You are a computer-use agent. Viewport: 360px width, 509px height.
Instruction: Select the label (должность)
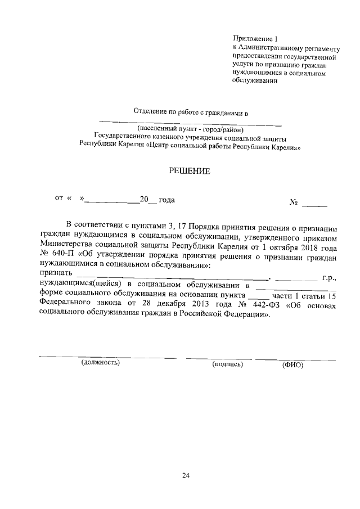tap(101, 363)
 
